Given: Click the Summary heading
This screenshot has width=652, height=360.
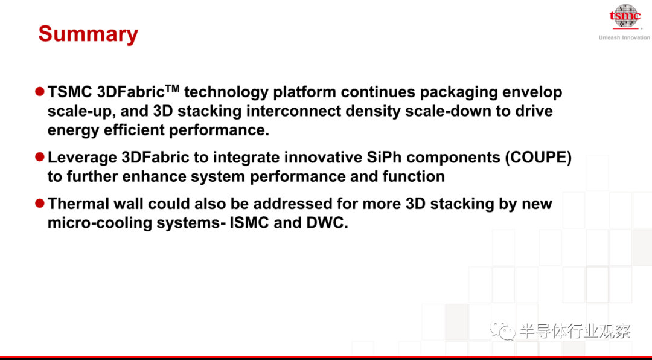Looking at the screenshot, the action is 88,34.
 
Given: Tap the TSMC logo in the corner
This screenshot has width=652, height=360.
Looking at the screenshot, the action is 625,17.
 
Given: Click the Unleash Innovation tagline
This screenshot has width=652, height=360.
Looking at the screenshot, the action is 624,37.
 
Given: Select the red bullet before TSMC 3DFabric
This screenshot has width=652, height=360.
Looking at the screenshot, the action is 40,92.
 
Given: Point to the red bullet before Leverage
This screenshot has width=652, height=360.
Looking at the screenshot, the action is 40,157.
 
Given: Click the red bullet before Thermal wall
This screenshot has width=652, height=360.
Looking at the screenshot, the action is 40,203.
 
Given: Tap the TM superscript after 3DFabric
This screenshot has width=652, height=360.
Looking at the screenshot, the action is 173,88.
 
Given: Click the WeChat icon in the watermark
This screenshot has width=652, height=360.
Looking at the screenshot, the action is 502,331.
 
